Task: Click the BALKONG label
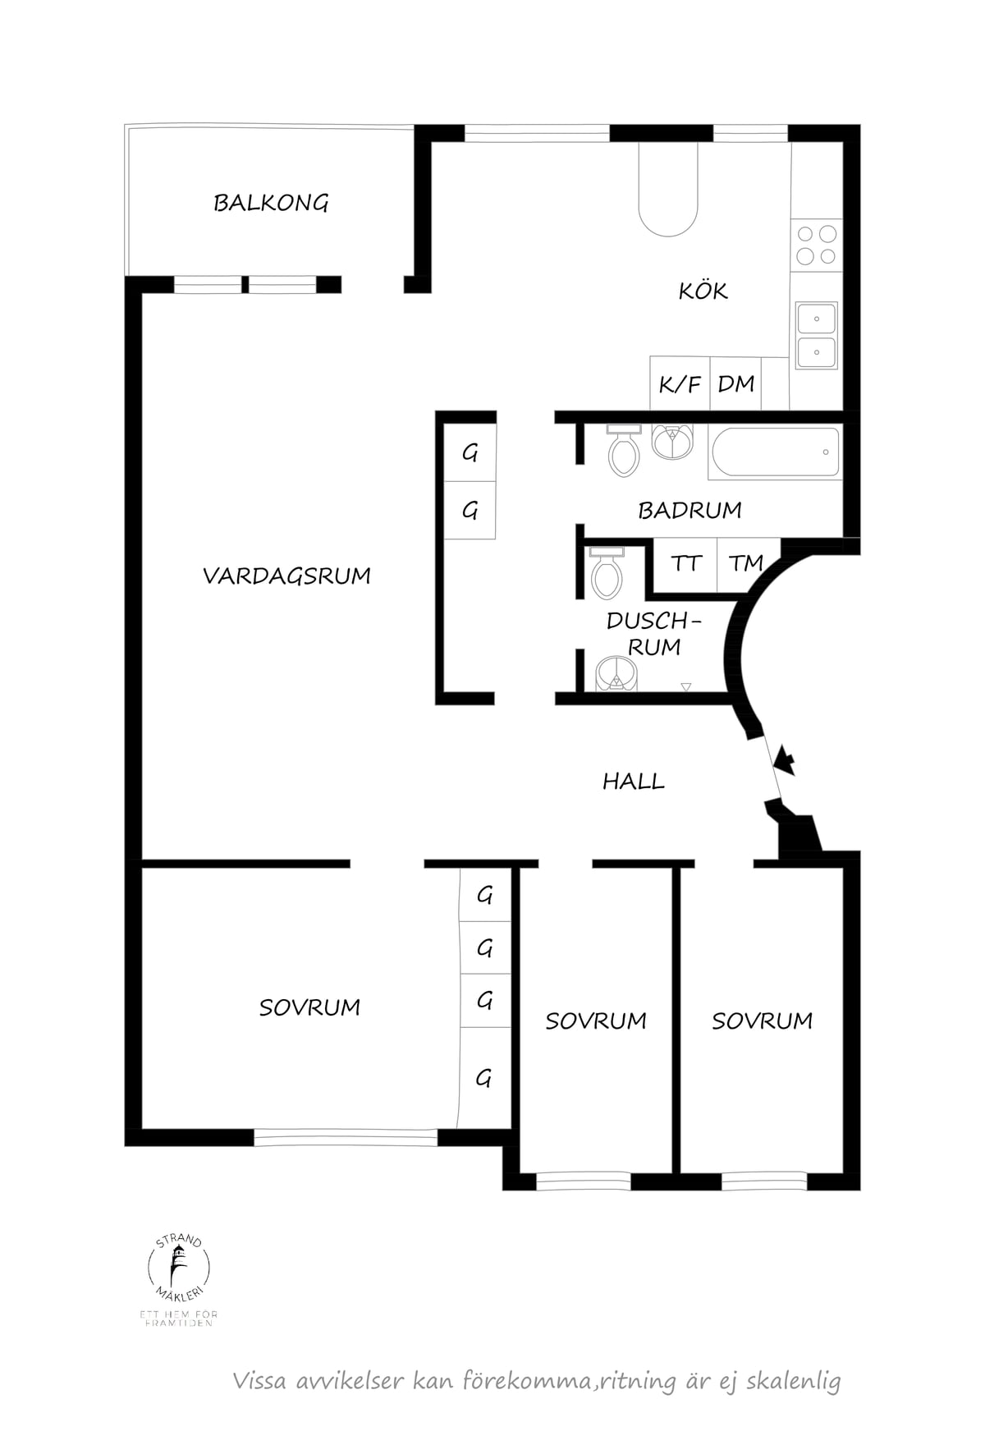(271, 203)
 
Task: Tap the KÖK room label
(703, 290)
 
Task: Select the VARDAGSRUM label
(286, 576)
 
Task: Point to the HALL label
(634, 781)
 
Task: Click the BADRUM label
(689, 510)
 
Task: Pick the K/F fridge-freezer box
(680, 383)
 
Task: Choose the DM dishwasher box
(735, 383)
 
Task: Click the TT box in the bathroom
(685, 563)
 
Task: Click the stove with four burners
(817, 245)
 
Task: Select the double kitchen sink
(817, 334)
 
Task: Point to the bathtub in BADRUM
(776, 452)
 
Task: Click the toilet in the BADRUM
(625, 450)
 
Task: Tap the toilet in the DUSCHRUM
(607, 572)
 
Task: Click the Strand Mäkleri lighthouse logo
(178, 1271)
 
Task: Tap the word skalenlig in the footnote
(794, 1381)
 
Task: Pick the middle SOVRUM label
(596, 1021)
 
